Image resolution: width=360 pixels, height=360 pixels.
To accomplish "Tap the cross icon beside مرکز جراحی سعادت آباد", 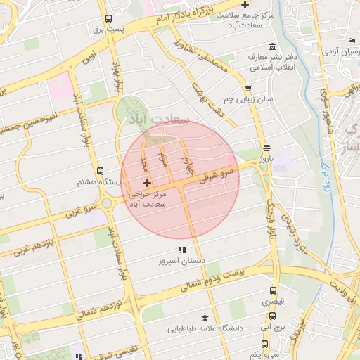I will click(x=146, y=183).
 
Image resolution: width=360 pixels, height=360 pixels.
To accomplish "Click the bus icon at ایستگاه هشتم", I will click(x=99, y=171).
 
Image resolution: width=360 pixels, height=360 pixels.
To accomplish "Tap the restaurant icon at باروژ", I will click(x=266, y=148).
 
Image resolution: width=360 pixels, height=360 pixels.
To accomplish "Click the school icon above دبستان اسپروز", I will click(x=182, y=250).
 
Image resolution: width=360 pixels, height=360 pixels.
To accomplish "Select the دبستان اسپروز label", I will click(x=182, y=261).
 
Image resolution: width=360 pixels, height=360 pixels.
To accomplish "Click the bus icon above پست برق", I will click(x=108, y=19).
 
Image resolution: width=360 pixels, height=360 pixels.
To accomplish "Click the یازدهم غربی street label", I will click(x=27, y=247).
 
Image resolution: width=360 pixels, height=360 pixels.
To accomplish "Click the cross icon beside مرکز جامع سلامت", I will click(x=244, y=5).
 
